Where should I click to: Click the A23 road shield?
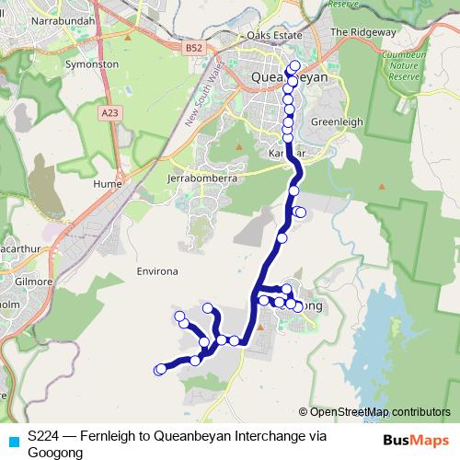coord(110,112)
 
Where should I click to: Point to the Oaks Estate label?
coord(274,35)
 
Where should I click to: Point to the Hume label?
coord(108,183)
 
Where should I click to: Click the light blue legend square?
coord(11,440)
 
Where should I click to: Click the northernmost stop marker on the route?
coord(294,66)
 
